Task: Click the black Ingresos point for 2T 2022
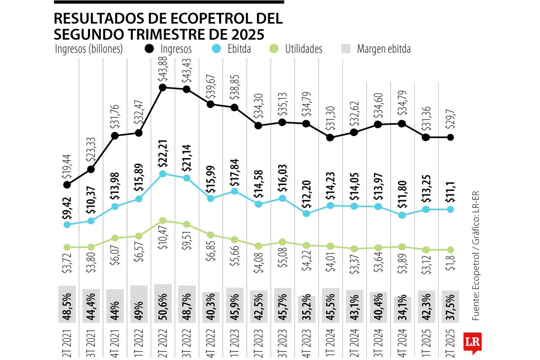(163, 88)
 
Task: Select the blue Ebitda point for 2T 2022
(163, 174)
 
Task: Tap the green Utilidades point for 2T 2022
(163, 220)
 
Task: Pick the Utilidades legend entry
(297, 49)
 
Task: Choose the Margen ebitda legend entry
(377, 49)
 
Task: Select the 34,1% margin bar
(402, 310)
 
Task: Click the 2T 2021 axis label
(67, 345)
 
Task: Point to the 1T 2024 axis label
(330, 345)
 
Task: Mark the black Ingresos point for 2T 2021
(67, 184)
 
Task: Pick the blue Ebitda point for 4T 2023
(306, 214)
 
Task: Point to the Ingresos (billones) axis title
(89, 49)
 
